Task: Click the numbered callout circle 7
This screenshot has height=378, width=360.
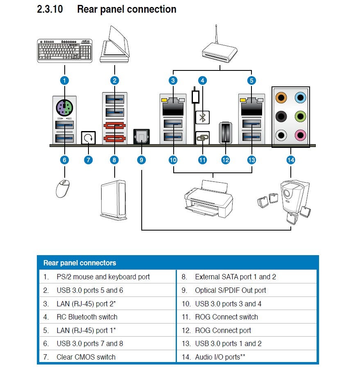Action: pyautogui.click(x=88, y=160)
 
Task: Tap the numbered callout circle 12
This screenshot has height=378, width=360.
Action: pyautogui.click(x=225, y=160)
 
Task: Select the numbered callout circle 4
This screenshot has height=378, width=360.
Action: pyautogui.click(x=202, y=81)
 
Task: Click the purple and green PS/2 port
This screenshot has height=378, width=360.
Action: pyautogui.click(x=64, y=108)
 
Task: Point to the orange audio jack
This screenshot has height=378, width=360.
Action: pyautogui.click(x=281, y=97)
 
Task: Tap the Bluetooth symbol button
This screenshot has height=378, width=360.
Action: pyautogui.click(x=202, y=118)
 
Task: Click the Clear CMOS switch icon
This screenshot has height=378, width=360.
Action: pyautogui.click(x=88, y=138)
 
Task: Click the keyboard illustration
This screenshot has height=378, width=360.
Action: pyautogui.click(x=64, y=50)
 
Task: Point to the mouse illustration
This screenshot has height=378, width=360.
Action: pyautogui.click(x=63, y=188)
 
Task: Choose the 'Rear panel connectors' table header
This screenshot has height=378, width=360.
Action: pyautogui.click(x=80, y=263)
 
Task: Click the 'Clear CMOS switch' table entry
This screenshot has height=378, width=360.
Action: pyautogui.click(x=86, y=357)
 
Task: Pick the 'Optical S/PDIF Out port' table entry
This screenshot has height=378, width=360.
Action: pyautogui.click(x=230, y=290)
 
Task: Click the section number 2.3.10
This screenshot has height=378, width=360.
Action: pyautogui.click(x=50, y=9)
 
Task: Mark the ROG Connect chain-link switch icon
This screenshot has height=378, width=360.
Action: pyautogui.click(x=202, y=138)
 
